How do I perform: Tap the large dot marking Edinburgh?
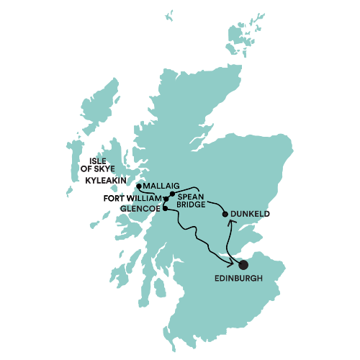pyautogui.click(x=243, y=265)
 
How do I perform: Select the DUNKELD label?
pyautogui.click(x=251, y=214)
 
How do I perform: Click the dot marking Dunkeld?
pyautogui.click(x=225, y=214)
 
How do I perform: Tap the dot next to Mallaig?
pyautogui.click(x=138, y=186)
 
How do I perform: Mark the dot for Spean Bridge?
pyautogui.click(x=173, y=193)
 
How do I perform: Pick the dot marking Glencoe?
pyautogui.click(x=166, y=209)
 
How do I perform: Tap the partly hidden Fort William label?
pyautogui.click(x=149, y=197)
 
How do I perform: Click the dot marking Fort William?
pyautogui.click(x=166, y=198)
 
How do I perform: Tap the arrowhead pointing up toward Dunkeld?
pyautogui.click(x=230, y=222)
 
